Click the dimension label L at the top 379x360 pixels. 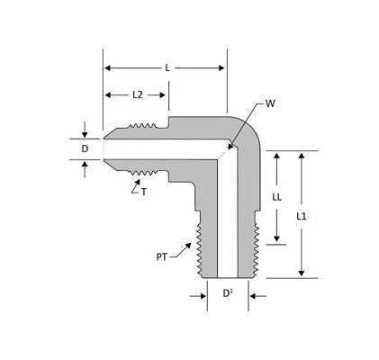click(x=167, y=68)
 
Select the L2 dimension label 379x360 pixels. click(x=138, y=95)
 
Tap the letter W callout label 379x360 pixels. click(x=270, y=103)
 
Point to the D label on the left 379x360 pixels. click(x=85, y=148)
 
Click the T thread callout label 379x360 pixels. click(x=144, y=192)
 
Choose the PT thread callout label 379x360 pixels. click(x=161, y=257)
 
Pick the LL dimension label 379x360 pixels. click(x=276, y=197)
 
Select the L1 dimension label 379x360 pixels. click(x=302, y=216)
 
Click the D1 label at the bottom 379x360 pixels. click(x=228, y=293)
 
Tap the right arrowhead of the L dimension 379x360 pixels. click(x=221, y=68)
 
